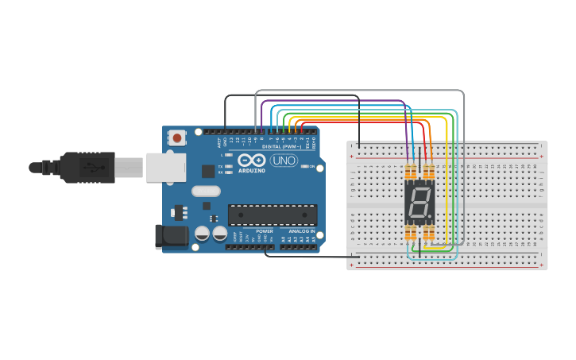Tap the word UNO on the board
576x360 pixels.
[x=284, y=161]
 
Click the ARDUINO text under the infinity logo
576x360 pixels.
[x=251, y=170]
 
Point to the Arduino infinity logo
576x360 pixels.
[x=251, y=160]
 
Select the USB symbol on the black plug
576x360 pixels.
[x=95, y=168]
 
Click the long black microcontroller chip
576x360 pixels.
[x=272, y=215]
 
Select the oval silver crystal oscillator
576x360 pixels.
[x=206, y=191]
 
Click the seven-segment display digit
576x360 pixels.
[x=419, y=203]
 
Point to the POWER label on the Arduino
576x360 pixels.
[x=265, y=231]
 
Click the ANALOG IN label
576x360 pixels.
[x=302, y=231]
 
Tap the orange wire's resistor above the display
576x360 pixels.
[x=429, y=172]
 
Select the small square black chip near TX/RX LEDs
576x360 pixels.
[x=207, y=170]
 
